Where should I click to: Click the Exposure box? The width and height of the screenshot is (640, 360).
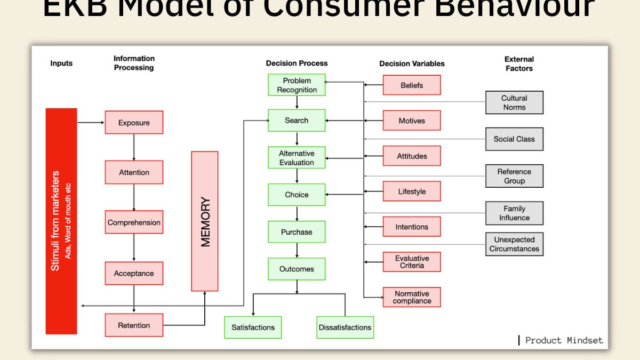[134, 122]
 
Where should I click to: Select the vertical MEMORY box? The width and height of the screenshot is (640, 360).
[205, 221]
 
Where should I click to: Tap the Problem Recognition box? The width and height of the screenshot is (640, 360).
[297, 85]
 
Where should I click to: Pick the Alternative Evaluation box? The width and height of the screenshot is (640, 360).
[297, 157]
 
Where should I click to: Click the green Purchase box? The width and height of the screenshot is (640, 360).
[297, 232]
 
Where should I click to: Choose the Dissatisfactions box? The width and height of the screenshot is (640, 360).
[345, 327]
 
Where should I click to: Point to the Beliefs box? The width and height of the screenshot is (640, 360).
[412, 85]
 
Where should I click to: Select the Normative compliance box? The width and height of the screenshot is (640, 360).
[412, 297]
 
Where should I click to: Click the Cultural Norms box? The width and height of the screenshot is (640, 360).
[514, 102]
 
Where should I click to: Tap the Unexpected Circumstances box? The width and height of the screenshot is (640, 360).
[514, 244]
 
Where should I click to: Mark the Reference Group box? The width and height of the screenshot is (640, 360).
[514, 176]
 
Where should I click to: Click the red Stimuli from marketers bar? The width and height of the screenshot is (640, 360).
[61, 221]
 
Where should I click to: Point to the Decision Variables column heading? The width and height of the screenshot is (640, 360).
[412, 63]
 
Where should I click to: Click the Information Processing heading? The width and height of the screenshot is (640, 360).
[134, 63]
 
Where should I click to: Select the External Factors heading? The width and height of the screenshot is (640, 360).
[518, 63]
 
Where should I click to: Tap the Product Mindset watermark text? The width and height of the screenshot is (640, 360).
[563, 340]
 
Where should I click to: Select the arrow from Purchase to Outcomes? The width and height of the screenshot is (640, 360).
[297, 251]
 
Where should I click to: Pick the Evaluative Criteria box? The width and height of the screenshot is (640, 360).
[412, 262]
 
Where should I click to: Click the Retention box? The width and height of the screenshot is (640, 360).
[134, 325]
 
